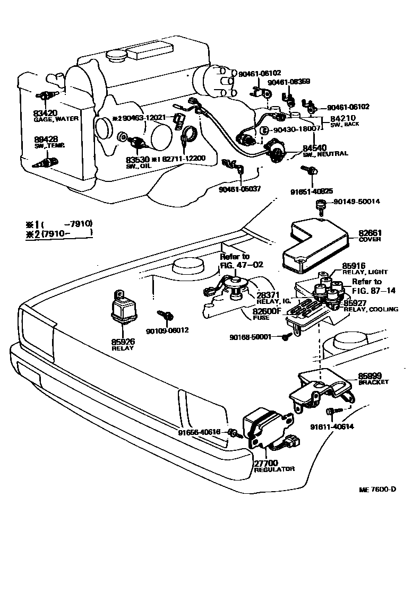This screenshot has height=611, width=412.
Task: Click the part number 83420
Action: coord(45,112)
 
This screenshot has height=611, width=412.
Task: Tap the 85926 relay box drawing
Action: coord(124,308)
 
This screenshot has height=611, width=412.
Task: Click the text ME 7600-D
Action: coord(377,488)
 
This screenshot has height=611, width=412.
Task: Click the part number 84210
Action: coord(342,118)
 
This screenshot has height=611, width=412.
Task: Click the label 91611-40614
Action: coord(333,426)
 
